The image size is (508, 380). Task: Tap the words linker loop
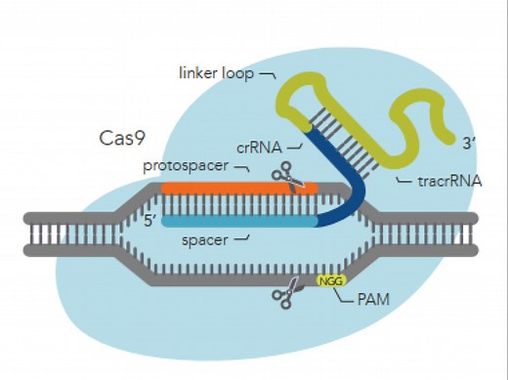(216, 72)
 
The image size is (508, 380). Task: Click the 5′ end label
(150, 221)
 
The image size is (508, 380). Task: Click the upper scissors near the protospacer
(287, 177)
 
